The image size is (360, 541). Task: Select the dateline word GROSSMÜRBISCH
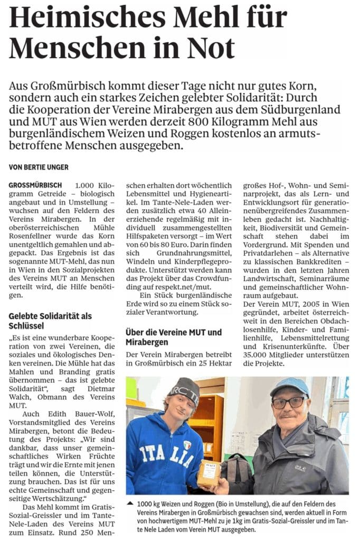pyautogui.click(x=35, y=185)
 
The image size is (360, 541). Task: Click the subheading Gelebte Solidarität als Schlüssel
pyautogui.click(x=50, y=321)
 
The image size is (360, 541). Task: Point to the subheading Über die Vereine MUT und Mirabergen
pyautogui.click(x=174, y=337)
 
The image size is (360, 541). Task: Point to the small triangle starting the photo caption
pyautogui.click(x=130, y=503)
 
